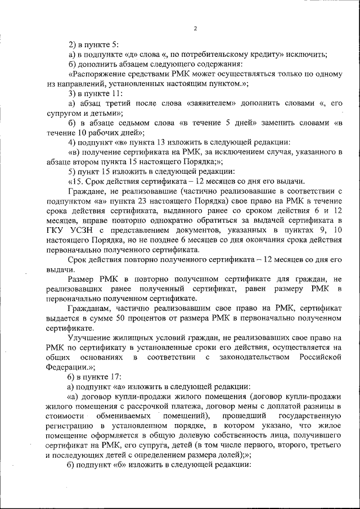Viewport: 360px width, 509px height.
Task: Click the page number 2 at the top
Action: click(195, 29)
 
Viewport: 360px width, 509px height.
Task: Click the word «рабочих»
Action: click(111, 133)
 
